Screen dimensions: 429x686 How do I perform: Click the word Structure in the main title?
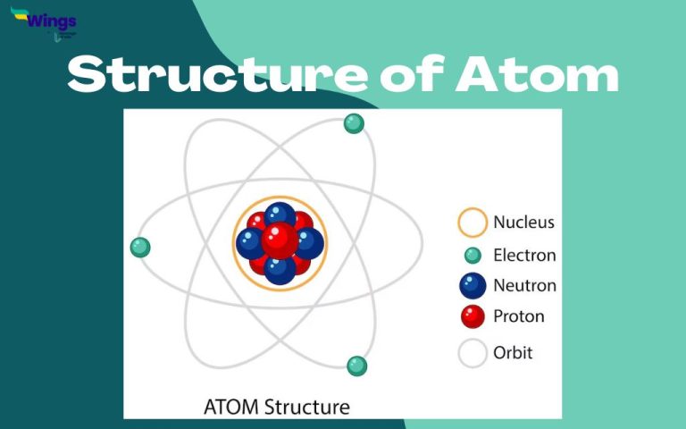214,74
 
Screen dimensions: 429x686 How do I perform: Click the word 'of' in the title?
412,74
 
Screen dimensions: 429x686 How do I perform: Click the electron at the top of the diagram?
354,123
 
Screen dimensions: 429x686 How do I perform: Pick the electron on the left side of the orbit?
140,248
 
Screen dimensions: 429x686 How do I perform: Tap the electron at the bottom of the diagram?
356,366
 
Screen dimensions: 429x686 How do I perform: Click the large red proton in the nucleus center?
280,240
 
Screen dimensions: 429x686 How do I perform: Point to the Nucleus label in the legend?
523,223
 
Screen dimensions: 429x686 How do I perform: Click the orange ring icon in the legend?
472,223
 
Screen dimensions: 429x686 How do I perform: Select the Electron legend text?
524,255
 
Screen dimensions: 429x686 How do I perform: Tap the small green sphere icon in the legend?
473,256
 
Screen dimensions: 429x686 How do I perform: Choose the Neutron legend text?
524,286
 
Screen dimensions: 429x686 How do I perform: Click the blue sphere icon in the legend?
472,286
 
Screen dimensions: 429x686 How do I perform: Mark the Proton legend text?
518,316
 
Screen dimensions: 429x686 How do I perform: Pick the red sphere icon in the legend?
472,316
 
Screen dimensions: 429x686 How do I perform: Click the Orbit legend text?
513,352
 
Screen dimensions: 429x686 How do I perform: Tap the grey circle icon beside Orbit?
472,353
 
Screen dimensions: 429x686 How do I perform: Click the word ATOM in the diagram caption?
232,407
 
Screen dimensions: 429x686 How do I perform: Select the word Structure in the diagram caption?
306,407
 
